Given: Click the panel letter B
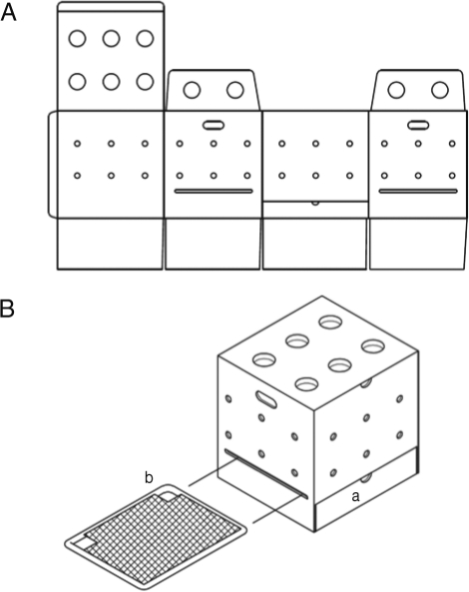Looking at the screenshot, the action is coord(7,308).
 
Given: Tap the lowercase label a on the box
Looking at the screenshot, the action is coord(355,497).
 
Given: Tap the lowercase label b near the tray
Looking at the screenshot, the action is coord(149,477).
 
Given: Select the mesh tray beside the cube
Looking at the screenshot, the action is coord(156,538).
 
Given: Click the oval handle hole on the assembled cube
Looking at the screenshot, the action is coord(266,399).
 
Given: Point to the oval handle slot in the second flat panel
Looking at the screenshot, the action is coord(214,125).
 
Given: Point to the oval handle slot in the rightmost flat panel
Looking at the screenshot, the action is coord(418,125).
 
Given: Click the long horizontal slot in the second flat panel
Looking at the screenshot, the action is coord(214,192).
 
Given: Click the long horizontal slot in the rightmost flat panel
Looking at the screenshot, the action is coord(418,192).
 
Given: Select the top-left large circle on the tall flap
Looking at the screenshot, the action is coord(78,39).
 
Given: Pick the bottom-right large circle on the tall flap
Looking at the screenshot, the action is coord(145,82).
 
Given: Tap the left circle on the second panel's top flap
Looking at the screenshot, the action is coord(192,90).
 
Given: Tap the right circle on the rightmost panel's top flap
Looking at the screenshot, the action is coord(440,90).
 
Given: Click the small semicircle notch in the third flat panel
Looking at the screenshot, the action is coord(315,203).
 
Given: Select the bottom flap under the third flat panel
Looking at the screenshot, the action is coord(314,244).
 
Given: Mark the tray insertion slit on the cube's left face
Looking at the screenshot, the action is coord(266,474).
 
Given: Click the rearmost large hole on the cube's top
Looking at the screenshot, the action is coord(330,322).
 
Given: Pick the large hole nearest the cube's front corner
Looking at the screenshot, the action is coord(306,383).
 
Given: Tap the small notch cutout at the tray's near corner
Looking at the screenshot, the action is coord(84,545).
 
